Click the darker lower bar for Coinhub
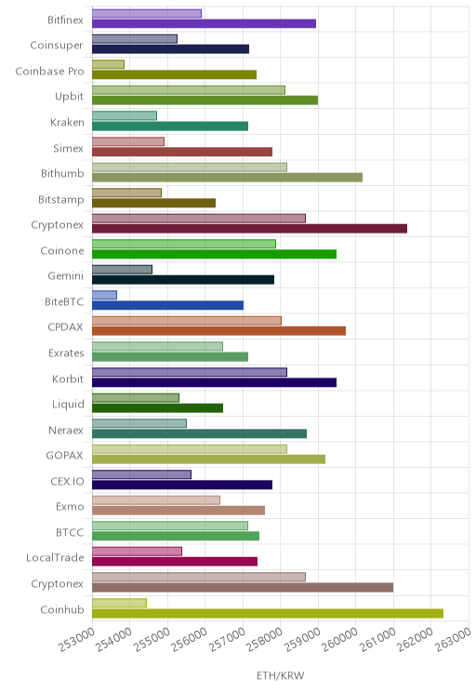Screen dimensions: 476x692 coord(268,613)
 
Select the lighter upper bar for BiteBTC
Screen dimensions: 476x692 coord(104,295)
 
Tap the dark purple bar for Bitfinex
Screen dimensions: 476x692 coord(204,23)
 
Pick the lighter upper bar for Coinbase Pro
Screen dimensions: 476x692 coord(108,64)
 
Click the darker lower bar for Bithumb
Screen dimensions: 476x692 coord(227,177)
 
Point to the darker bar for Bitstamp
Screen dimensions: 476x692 coord(154,203)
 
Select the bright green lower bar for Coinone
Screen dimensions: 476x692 coord(215,254)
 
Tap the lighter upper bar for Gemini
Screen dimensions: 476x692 coord(122,269)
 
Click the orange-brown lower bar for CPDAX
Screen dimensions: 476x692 coord(218,330)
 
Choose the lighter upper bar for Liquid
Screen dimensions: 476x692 coord(136,398)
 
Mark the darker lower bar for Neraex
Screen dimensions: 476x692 coord(199,433)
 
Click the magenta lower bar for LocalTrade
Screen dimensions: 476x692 coord(175,562)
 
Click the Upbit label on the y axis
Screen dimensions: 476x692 coord(69,96)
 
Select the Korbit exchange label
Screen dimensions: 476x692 coord(68,379)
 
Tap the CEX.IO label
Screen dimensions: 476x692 coord(67,481)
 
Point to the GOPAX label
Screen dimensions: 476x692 coord(64,455)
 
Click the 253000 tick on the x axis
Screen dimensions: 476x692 coord(77,640)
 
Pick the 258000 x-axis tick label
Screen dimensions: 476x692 coord(265,640)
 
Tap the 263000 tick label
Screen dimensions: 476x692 coord(453,640)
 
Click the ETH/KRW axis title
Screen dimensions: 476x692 coord(281,675)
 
